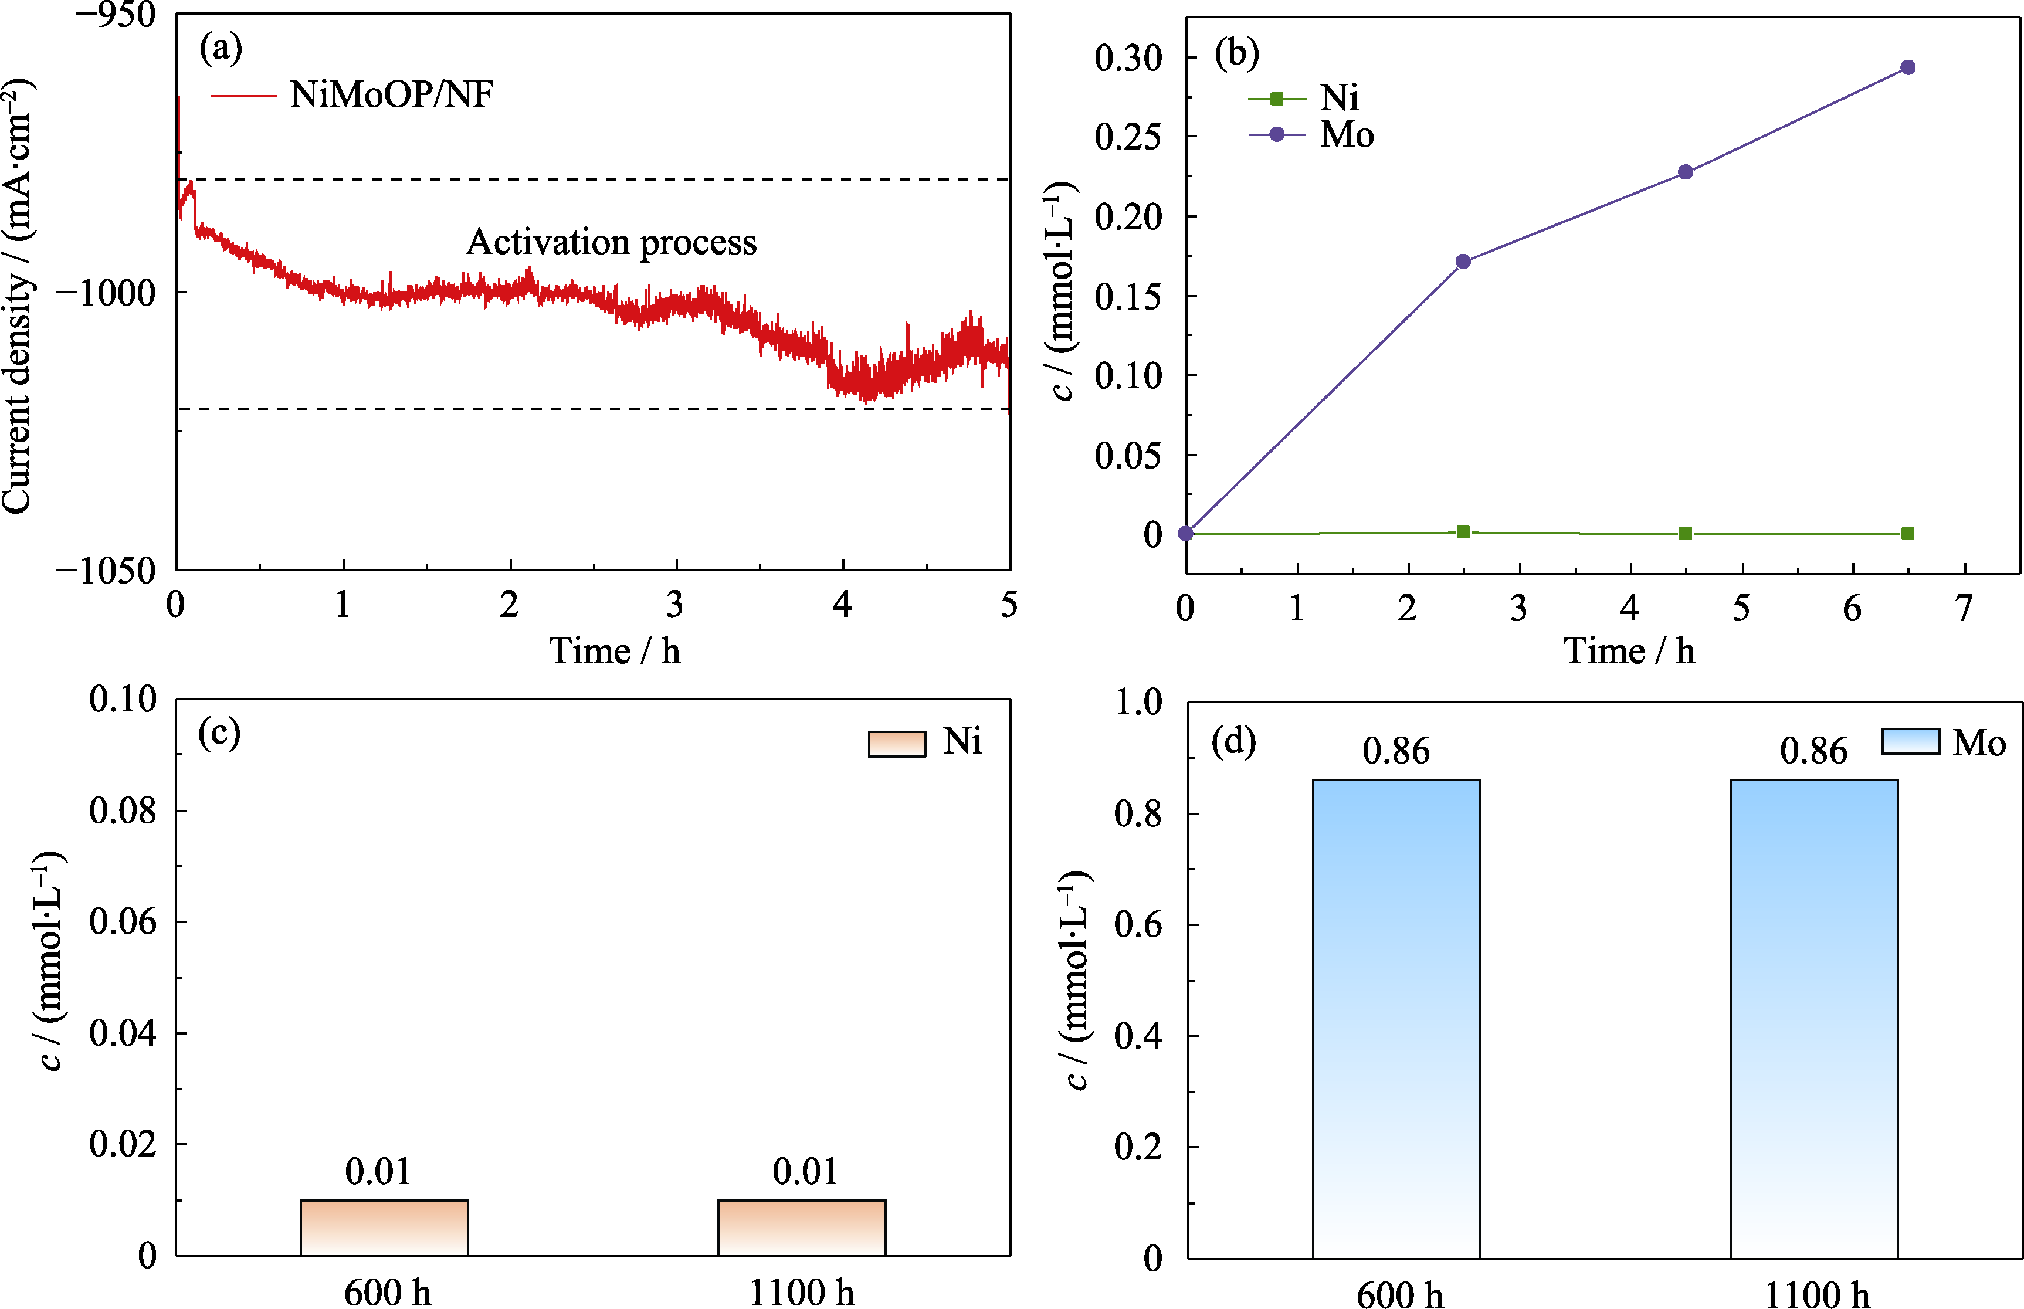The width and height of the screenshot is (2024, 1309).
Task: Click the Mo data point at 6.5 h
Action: tap(1907, 67)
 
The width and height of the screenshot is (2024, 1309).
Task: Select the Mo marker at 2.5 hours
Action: tap(1463, 261)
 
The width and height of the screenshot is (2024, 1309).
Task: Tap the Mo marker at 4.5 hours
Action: tap(1686, 172)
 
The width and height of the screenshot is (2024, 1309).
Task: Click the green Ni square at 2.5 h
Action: tap(1463, 532)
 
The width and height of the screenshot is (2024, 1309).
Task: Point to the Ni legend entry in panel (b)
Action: tap(1339, 99)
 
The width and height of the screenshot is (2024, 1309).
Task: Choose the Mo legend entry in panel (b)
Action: tap(1347, 134)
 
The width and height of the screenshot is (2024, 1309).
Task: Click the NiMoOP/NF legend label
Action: tap(391, 94)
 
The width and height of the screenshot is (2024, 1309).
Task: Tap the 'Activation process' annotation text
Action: tap(611, 242)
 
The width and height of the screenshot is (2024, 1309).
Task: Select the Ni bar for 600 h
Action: tap(384, 1227)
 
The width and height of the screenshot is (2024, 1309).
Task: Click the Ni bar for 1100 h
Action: tap(802, 1227)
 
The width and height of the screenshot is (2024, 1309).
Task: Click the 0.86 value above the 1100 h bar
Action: tap(1813, 751)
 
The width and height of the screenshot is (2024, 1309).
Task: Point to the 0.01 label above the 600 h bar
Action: tap(378, 1172)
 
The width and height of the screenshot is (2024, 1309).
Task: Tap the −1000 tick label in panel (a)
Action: tap(106, 293)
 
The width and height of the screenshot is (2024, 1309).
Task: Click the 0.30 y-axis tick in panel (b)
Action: tap(1128, 59)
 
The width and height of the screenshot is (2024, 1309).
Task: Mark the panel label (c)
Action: tap(219, 732)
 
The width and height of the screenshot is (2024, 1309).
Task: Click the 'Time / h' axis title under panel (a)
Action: tap(615, 651)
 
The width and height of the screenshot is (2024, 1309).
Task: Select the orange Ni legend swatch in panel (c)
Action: tap(897, 743)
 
